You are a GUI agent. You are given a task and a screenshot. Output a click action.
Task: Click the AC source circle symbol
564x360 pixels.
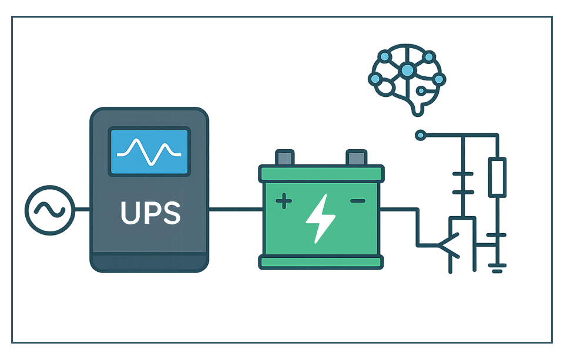pyautogui.click(x=48, y=209)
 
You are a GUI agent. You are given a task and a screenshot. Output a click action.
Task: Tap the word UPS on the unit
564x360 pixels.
pyautogui.click(x=150, y=213)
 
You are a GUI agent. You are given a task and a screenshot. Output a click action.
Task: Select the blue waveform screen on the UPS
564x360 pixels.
pyautogui.click(x=149, y=151)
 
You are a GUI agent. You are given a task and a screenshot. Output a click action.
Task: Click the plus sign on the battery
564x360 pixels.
pyautogui.click(x=284, y=201)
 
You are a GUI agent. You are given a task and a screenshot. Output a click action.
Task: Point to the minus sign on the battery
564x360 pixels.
pyautogui.click(x=357, y=201)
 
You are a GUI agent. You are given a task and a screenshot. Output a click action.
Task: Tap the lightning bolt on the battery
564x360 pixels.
pyautogui.click(x=321, y=219)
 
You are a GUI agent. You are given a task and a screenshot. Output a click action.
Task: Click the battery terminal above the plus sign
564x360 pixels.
pyautogui.click(x=284, y=157)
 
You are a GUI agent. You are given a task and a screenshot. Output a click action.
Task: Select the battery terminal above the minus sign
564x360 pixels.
pyautogui.click(x=356, y=157)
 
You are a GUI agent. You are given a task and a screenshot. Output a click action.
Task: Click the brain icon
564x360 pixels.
pyautogui.click(x=407, y=80)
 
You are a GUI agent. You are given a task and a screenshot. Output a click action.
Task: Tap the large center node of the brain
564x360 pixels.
pyautogui.click(x=407, y=71)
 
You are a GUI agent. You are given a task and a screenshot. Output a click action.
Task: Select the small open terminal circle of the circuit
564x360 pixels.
pyautogui.click(x=419, y=136)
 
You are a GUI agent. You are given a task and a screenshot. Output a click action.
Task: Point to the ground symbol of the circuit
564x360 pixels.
pyautogui.click(x=498, y=269)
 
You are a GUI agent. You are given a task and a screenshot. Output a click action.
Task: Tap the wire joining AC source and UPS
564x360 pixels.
pyautogui.click(x=81, y=209)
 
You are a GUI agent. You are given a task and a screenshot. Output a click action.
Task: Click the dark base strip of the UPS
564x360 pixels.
pyautogui.click(x=149, y=262)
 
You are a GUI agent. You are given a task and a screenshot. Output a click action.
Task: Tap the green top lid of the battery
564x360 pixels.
pyautogui.click(x=321, y=173)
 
